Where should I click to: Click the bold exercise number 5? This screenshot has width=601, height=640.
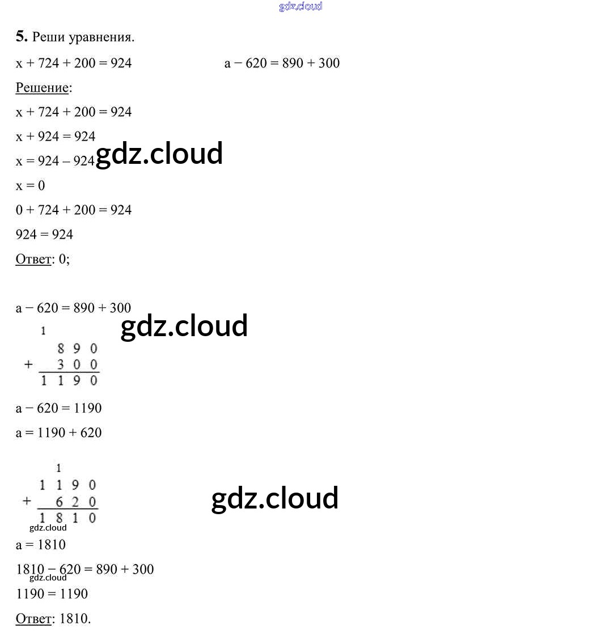click(x=21, y=37)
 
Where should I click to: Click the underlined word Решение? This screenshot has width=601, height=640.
click(x=42, y=88)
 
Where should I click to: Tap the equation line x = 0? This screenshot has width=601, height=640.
click(x=31, y=185)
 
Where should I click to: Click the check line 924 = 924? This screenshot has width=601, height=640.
click(x=44, y=235)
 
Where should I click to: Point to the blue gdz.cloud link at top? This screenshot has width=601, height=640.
click(x=300, y=7)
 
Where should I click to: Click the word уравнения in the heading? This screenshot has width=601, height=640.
click(x=105, y=38)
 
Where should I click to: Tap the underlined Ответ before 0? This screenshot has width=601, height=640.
click(x=33, y=259)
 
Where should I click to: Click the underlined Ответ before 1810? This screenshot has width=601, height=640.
click(x=33, y=618)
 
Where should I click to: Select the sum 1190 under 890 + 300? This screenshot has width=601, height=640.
click(x=69, y=380)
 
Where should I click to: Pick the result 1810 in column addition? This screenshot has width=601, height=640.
click(x=67, y=518)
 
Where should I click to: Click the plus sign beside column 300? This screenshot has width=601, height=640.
click(x=28, y=364)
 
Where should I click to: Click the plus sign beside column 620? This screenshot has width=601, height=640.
click(x=27, y=502)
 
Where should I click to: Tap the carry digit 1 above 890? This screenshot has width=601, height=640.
click(x=43, y=330)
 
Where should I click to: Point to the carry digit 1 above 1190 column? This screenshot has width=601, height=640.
click(x=58, y=468)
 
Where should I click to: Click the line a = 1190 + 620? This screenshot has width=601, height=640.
click(x=59, y=433)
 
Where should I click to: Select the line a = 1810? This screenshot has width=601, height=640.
click(x=41, y=545)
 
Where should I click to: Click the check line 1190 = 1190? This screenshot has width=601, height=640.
click(x=52, y=594)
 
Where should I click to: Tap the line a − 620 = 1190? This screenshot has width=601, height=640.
click(x=59, y=408)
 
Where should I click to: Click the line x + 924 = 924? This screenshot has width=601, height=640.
click(x=56, y=137)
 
